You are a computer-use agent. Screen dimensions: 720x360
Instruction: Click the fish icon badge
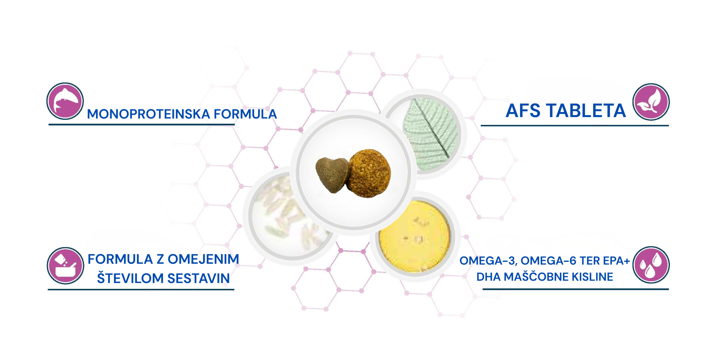[x=65, y=101]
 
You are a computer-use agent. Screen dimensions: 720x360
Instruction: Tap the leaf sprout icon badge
[x=651, y=102]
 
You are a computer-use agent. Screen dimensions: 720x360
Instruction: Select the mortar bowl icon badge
[x=65, y=265]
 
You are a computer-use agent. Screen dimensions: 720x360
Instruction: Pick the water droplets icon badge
[x=651, y=265]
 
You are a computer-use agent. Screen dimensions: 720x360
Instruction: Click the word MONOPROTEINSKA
[x=148, y=114]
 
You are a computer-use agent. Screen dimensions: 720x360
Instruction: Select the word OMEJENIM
[x=203, y=259]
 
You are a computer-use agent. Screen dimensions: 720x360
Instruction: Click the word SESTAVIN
[x=199, y=278]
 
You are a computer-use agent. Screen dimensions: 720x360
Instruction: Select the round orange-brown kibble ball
[x=368, y=173]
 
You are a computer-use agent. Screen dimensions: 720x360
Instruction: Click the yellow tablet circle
[x=415, y=236]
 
